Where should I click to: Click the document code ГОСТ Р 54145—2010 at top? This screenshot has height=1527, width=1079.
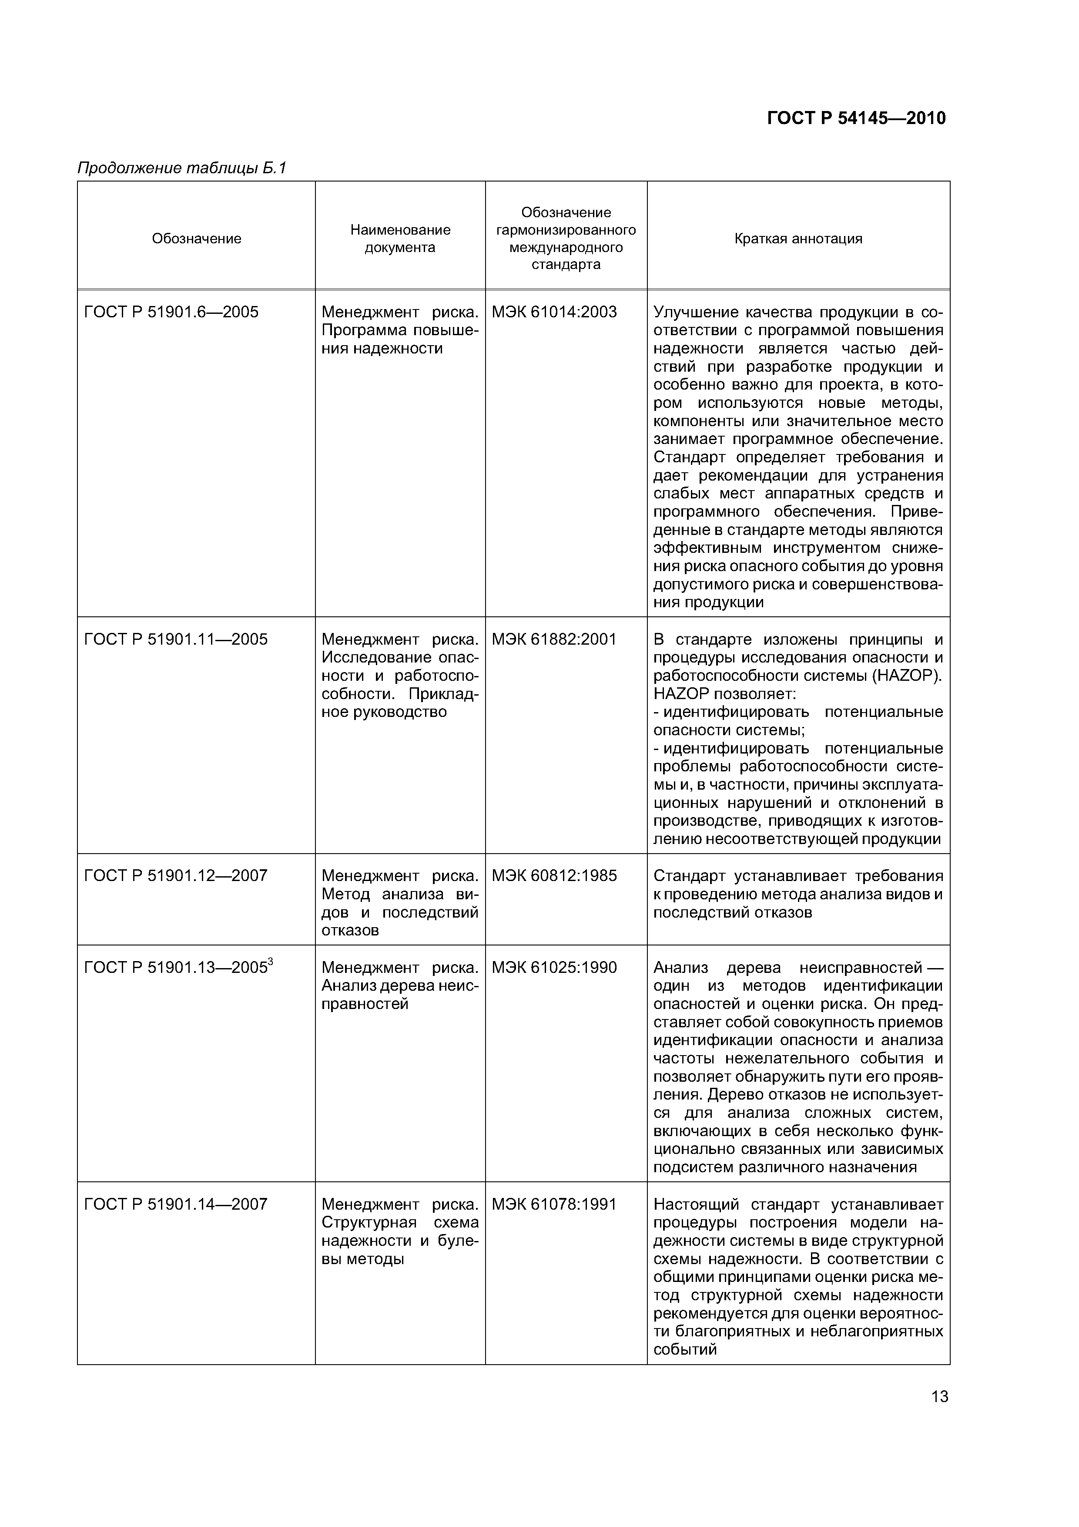(856, 118)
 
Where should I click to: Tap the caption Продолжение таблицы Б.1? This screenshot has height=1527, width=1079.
(181, 168)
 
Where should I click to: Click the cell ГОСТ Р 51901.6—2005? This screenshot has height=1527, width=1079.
(171, 312)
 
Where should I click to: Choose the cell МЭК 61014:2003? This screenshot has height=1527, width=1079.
(554, 312)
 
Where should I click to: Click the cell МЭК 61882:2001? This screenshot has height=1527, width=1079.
(554, 639)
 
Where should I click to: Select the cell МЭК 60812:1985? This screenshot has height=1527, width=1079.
(554, 876)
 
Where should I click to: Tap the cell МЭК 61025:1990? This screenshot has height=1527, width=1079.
(554, 968)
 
